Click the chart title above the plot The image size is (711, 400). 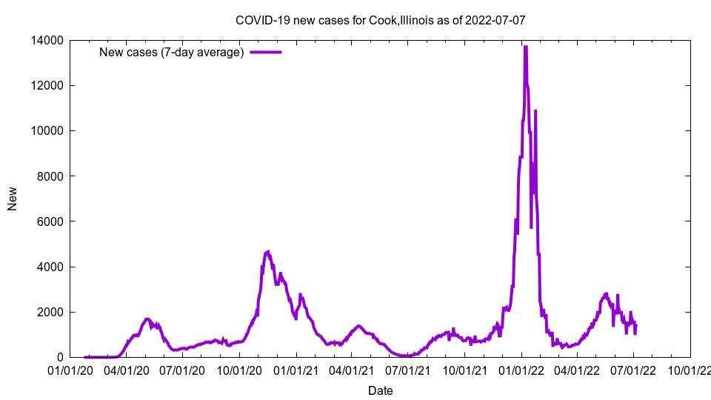click(x=380, y=20)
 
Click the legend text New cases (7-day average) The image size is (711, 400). click(x=171, y=53)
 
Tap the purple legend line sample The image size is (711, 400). click(x=266, y=53)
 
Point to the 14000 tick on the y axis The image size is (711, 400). click(x=47, y=40)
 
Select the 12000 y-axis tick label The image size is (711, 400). click(x=47, y=85)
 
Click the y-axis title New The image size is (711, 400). click(x=13, y=199)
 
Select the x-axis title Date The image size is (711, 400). click(x=380, y=390)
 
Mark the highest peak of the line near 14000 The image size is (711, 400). click(x=525, y=47)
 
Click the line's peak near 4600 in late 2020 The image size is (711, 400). click(x=268, y=252)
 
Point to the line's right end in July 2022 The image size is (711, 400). click(x=636, y=325)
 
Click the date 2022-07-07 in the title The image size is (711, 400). click(x=496, y=20)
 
